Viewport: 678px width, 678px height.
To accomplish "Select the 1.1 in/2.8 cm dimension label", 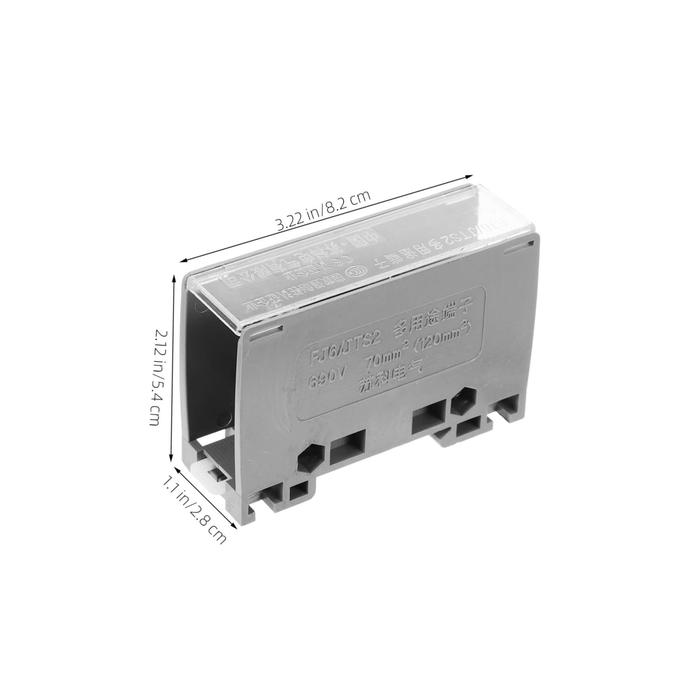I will tap(194, 511).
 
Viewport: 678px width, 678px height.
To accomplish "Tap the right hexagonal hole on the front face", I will tap(463, 400).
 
